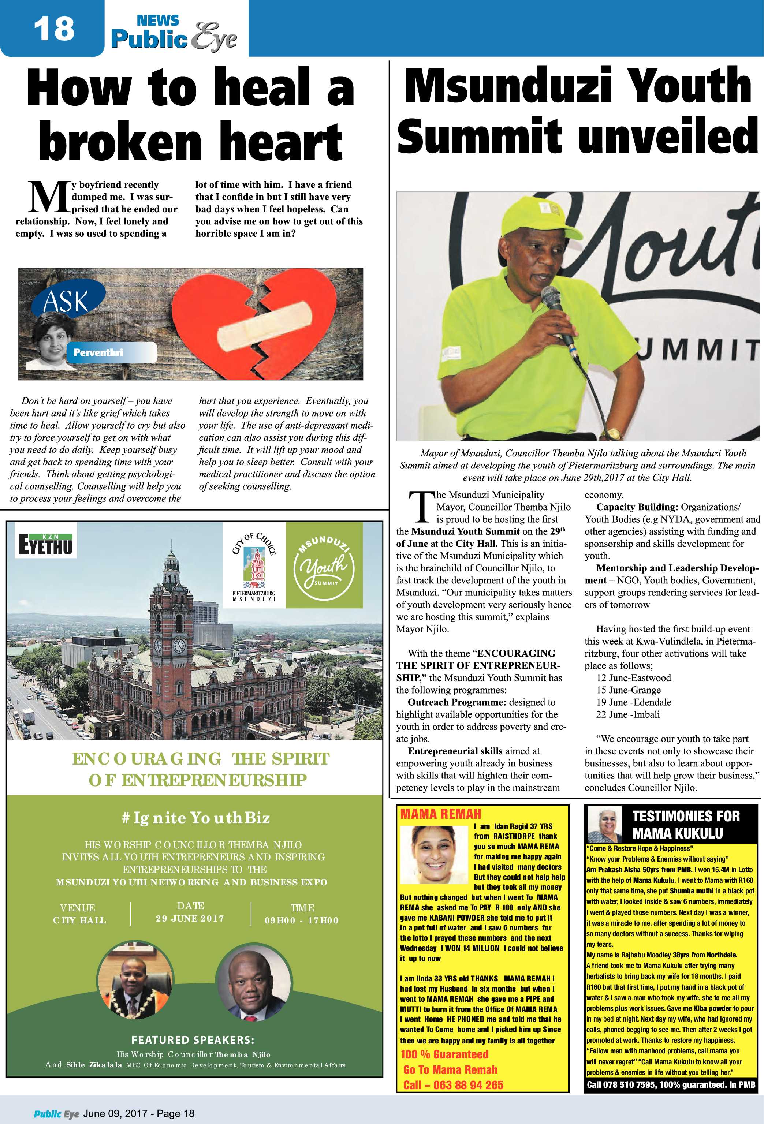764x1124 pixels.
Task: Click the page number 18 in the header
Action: tap(54, 28)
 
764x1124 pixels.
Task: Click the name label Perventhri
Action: tap(98, 352)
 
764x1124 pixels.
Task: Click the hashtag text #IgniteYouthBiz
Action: tap(195, 818)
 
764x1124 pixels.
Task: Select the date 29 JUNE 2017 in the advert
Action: tap(190, 918)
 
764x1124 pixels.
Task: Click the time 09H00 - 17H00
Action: tap(301, 920)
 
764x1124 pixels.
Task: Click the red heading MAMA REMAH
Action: tap(440, 814)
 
